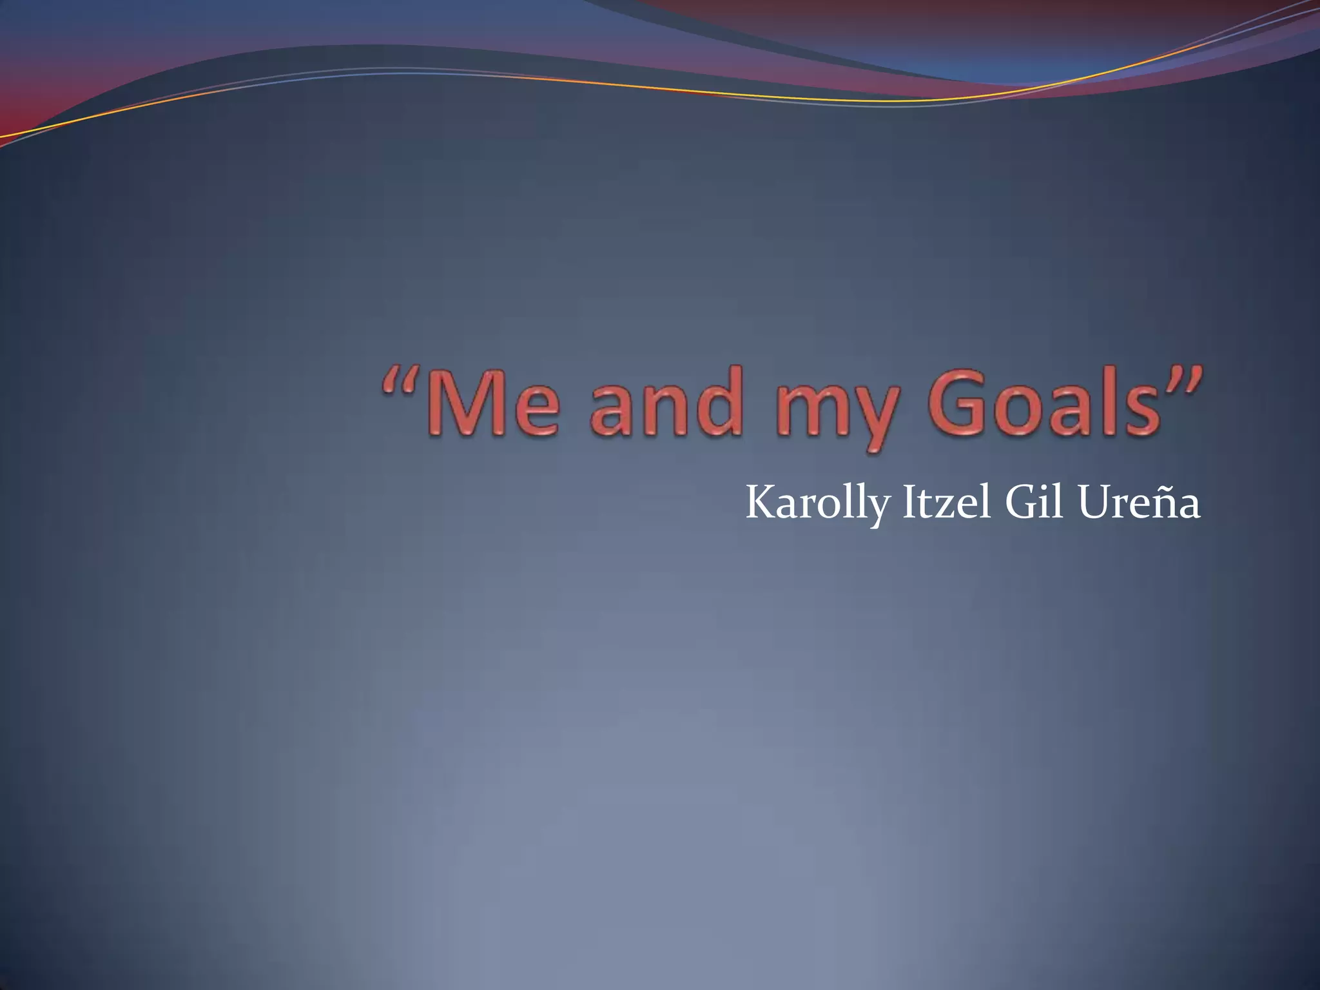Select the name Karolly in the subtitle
point(817,503)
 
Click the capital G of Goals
point(958,402)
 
